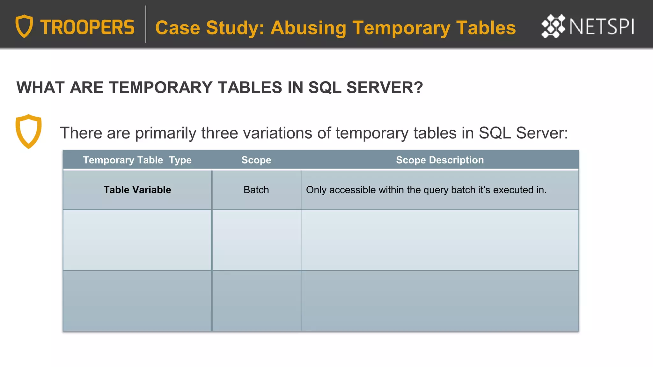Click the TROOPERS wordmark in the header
click(87, 27)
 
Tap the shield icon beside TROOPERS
click(24, 26)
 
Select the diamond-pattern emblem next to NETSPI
click(553, 26)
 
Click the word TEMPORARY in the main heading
click(161, 88)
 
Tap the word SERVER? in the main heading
click(385, 88)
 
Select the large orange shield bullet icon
click(28, 131)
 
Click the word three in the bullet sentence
click(220, 133)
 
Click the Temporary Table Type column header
click(137, 160)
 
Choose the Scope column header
click(256, 160)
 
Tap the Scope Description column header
click(440, 160)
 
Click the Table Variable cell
click(137, 190)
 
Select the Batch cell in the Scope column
click(256, 190)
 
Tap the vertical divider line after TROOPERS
click(145, 24)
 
